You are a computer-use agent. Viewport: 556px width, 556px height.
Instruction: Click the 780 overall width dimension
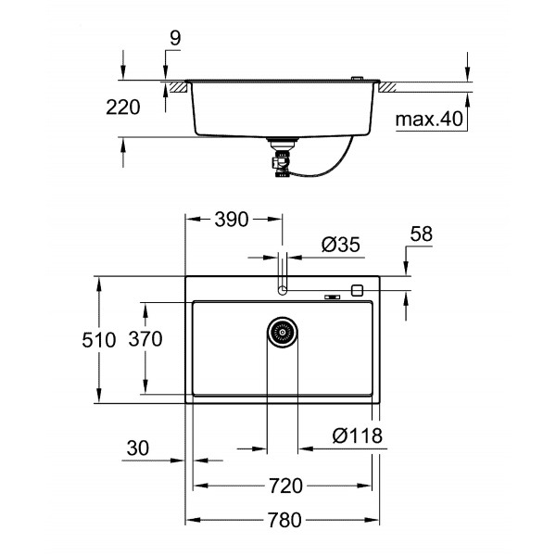(x=284, y=520)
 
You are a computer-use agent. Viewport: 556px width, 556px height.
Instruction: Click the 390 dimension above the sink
(x=230, y=221)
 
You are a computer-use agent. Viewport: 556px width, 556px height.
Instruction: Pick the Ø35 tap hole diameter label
(x=340, y=245)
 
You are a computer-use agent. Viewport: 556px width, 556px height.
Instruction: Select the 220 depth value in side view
(x=124, y=107)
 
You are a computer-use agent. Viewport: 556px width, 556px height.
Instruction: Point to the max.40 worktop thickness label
(x=429, y=119)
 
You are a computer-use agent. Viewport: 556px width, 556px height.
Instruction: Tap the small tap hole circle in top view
(x=283, y=289)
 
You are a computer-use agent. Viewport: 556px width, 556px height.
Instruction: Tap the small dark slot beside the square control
(x=331, y=297)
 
